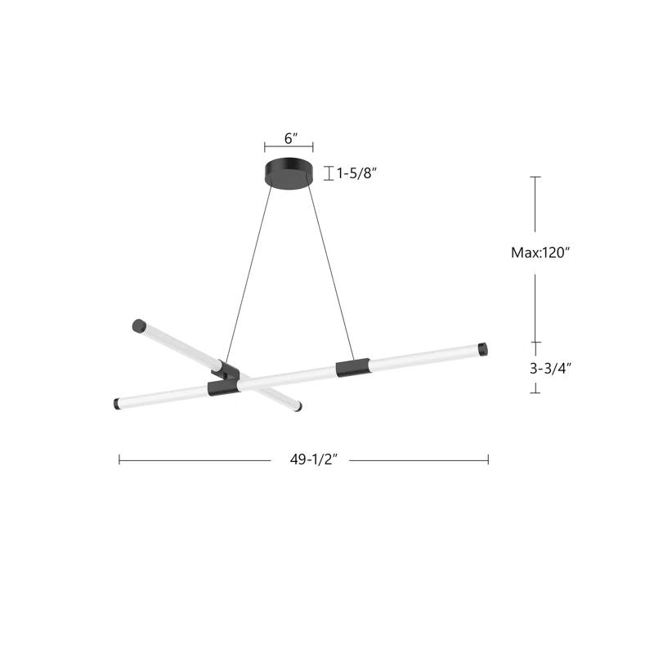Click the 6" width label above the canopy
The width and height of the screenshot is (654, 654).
point(288,138)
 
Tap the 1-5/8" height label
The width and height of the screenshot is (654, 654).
point(357,173)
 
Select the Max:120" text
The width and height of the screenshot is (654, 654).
point(540,253)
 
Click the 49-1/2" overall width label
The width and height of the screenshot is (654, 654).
point(310,459)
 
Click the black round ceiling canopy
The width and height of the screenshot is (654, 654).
point(289,172)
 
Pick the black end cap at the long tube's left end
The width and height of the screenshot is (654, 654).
point(117,405)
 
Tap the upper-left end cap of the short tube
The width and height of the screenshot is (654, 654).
point(137,325)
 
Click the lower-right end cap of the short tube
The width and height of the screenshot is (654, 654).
point(297,405)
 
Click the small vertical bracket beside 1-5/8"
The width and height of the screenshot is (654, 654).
point(328,173)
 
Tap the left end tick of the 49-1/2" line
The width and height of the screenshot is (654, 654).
point(119,459)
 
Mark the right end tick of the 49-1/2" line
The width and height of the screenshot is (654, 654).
point(488,459)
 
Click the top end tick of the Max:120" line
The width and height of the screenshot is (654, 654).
point(535,177)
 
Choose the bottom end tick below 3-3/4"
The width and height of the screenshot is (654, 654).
point(535,392)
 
